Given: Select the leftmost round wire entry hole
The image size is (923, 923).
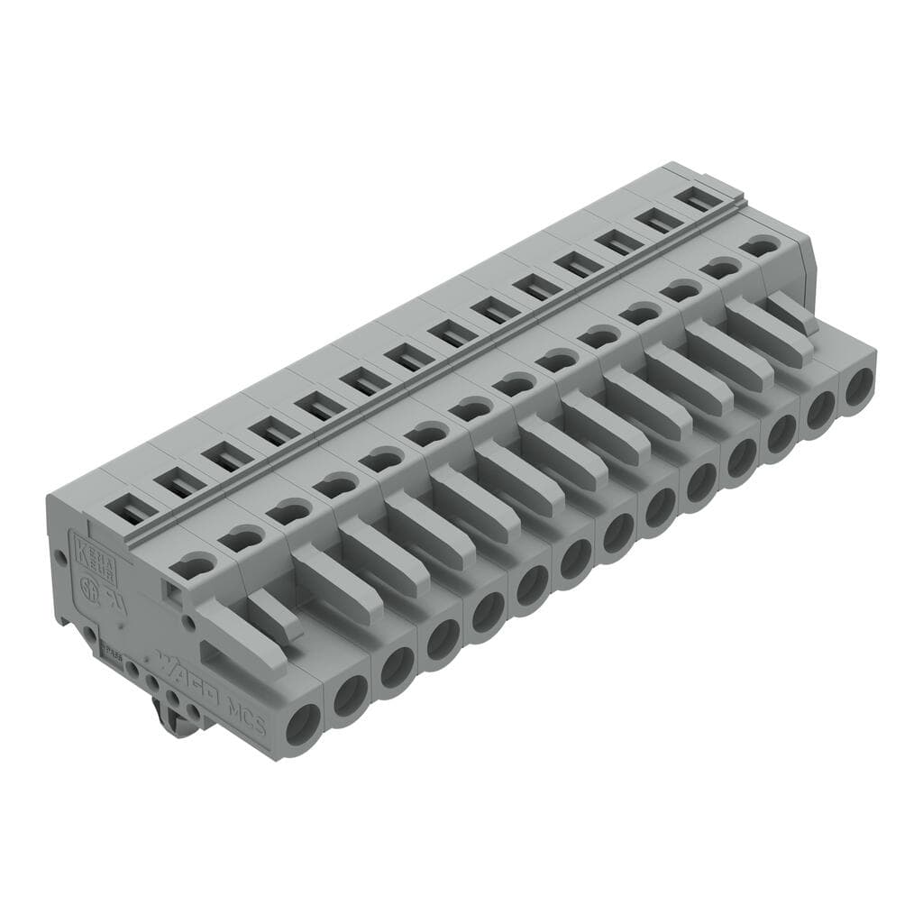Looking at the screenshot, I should coord(303,723).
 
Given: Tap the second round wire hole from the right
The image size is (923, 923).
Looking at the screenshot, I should coord(820,409).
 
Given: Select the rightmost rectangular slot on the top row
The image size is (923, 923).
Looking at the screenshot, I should coord(699,198).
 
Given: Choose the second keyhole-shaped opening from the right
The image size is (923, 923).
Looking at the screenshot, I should coord(721,268).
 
